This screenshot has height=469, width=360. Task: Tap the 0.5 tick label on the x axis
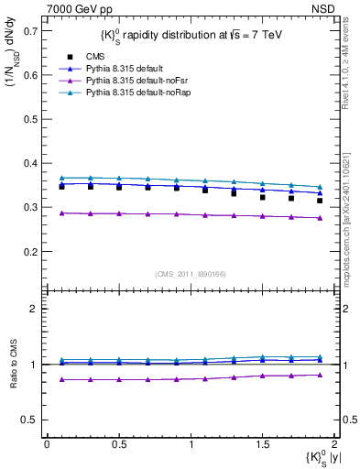[x=118, y=444]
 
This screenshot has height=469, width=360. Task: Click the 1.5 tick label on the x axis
[x=262, y=444]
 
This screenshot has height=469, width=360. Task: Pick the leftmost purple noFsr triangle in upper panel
[x=61, y=213]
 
